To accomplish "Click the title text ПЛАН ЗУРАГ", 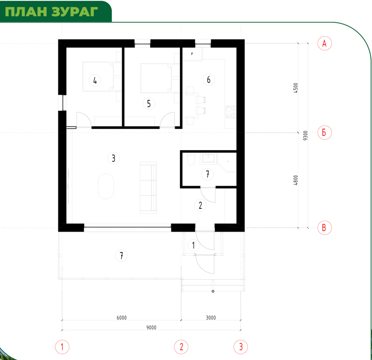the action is tap(51, 11).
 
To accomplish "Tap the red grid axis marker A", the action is tap(324, 44).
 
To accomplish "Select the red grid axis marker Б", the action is tap(324, 133).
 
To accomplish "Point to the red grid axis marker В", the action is tap(324, 228).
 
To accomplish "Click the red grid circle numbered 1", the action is tap(62, 347).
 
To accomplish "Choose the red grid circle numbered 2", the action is tap(181, 347).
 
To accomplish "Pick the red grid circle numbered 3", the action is tap(241, 347).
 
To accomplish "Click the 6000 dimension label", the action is tap(122, 318).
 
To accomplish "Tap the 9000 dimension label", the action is tap(151, 327).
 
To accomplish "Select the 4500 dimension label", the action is tap(295, 88).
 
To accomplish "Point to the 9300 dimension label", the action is tap(305, 135).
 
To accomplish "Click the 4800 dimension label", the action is tap(295, 180).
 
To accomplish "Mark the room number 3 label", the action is tap(113, 158).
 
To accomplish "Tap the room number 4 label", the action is tap(95, 80).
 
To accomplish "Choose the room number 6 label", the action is tap(209, 80).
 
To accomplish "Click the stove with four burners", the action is tap(231, 112).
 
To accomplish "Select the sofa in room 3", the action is tap(148, 188).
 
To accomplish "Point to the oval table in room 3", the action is tap(106, 186).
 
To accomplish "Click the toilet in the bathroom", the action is tap(191, 160).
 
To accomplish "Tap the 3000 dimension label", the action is tap(211, 318).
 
